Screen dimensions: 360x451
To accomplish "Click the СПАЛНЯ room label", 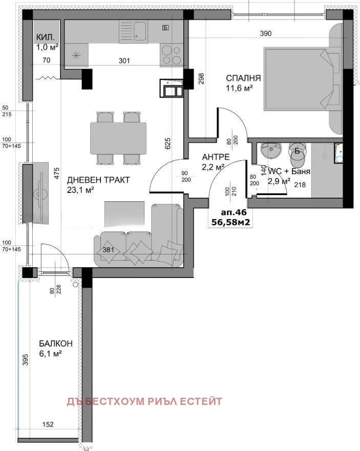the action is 243,78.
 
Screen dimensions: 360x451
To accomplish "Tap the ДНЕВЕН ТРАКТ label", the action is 98,180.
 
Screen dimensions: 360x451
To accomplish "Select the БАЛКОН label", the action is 56,343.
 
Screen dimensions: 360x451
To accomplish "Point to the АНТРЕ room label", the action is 216,157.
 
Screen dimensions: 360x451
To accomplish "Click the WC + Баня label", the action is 289,171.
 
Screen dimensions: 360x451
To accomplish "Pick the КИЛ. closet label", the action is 45,37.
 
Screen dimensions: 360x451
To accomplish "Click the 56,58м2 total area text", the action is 230,222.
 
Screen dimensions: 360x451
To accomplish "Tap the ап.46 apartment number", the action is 234,212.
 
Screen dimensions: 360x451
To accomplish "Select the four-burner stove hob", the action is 172,55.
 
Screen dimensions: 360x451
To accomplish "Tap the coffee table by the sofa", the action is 124,213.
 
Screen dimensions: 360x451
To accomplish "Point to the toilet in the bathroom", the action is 298,155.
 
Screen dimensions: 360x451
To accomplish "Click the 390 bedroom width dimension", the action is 266,34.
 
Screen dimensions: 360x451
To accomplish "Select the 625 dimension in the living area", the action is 167,143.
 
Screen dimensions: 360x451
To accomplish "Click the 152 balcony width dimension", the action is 48,424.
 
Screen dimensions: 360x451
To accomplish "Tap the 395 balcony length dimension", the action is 25,359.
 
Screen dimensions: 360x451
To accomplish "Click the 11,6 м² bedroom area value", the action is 240,88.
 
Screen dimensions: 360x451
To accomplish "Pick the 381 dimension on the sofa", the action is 109,250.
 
